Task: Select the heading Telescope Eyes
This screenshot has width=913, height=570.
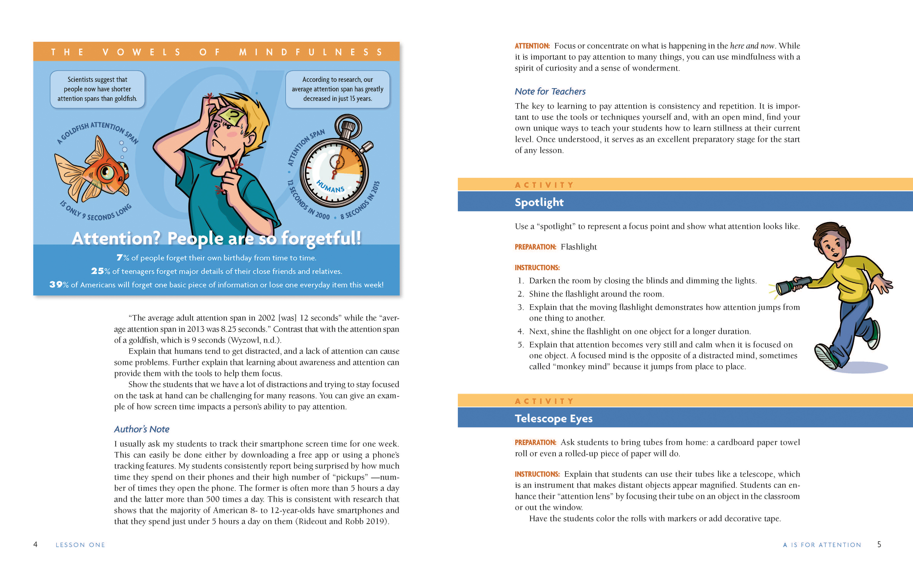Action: [x=554, y=418]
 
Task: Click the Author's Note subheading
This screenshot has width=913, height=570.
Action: [x=142, y=429]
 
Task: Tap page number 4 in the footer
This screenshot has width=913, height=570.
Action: [x=35, y=544]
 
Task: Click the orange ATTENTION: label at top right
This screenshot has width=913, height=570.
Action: [x=532, y=46]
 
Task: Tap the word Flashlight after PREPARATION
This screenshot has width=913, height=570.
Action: [x=578, y=247]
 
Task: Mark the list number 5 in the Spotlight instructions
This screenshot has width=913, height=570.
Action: [x=521, y=344]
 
